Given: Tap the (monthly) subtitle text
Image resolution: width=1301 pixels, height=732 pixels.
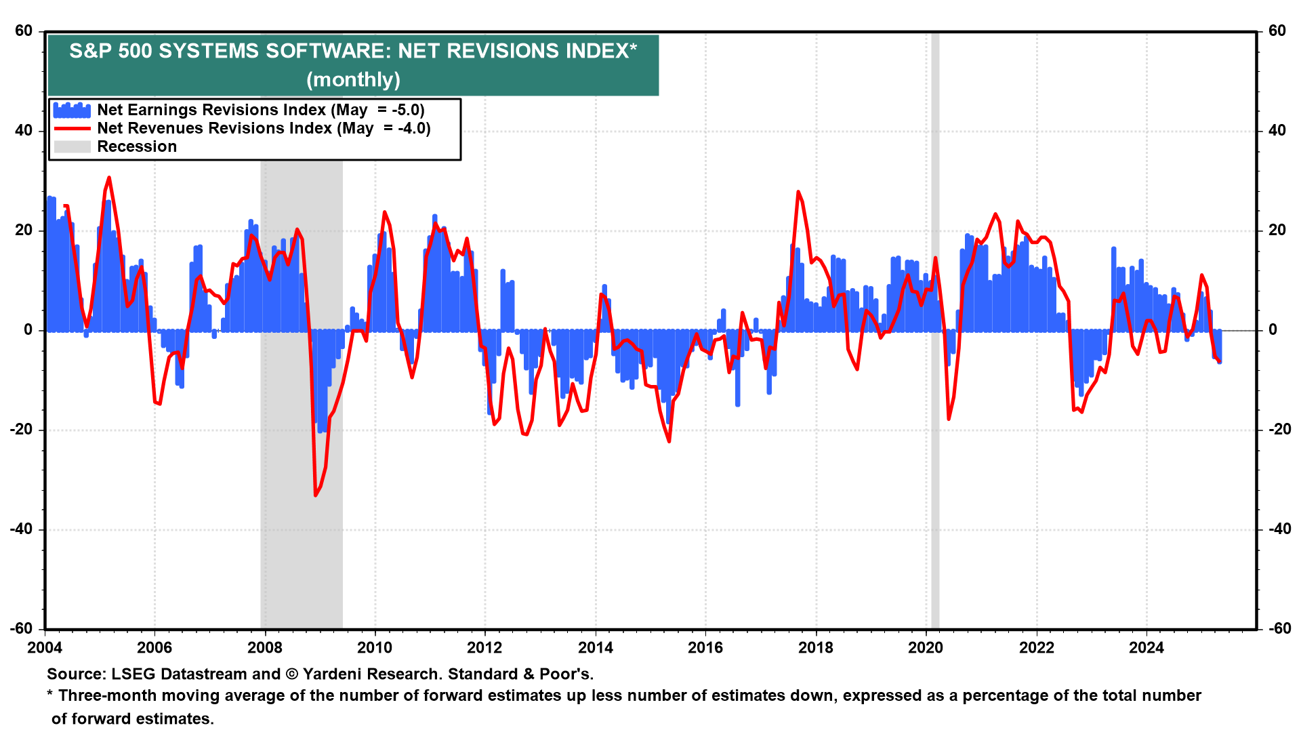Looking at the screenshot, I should click(353, 80).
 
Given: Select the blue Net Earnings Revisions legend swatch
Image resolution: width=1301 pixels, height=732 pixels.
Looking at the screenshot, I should click(72, 110).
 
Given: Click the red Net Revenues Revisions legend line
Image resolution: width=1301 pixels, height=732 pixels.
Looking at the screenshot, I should click(72, 129).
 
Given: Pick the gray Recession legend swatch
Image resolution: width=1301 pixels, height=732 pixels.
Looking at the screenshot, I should click(72, 147).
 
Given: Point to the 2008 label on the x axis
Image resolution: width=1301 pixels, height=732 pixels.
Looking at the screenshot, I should click(265, 648).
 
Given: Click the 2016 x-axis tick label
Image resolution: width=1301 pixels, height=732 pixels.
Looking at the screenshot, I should click(705, 648).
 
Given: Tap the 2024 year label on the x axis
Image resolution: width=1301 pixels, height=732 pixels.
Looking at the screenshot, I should click(1146, 648).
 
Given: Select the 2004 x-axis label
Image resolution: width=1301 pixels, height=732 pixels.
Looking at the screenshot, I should click(45, 648).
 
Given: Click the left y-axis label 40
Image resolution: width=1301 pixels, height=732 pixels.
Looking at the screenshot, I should click(24, 131).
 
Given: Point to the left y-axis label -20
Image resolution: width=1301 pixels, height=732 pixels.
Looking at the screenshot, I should click(21, 430).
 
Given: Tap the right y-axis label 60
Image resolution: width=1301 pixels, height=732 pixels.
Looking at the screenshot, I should click(1277, 31).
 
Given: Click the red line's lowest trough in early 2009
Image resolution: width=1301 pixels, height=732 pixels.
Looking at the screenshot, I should click(316, 495).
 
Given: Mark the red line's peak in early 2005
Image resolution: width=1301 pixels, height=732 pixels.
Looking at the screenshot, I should click(109, 178).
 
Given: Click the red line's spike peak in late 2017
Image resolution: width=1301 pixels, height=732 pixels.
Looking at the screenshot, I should click(798, 192).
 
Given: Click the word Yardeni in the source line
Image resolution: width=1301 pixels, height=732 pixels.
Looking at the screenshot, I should click(332, 674).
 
